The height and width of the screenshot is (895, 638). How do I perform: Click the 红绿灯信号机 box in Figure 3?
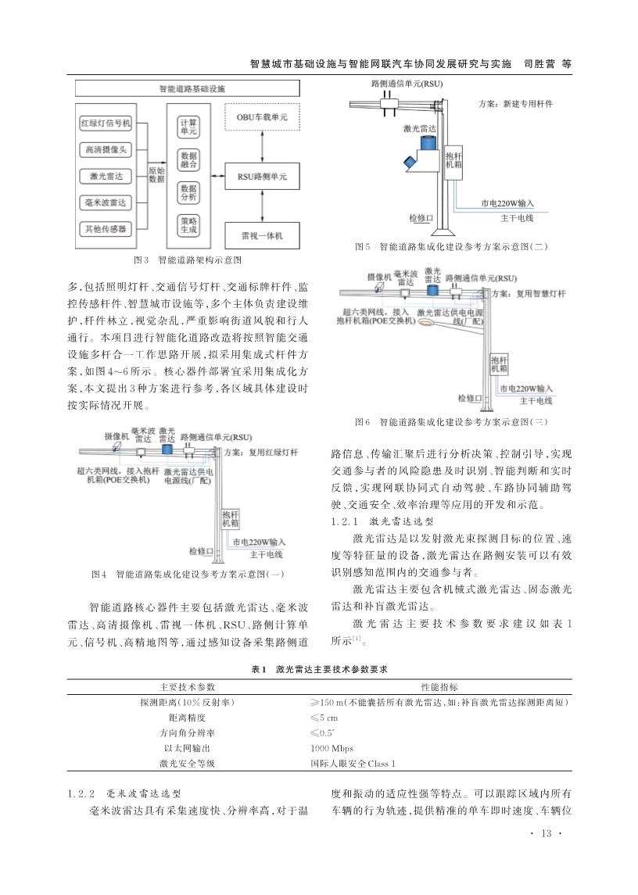click(x=106, y=123)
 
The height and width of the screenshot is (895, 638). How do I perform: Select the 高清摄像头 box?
click(x=106, y=149)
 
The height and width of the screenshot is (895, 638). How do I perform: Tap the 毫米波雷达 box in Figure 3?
click(x=106, y=202)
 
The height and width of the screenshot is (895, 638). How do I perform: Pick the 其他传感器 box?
click(x=106, y=229)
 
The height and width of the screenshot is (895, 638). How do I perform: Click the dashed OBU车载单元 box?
click(x=262, y=117)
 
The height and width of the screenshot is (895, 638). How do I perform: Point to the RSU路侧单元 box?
click(x=262, y=177)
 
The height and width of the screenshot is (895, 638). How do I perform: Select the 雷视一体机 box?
click(x=262, y=235)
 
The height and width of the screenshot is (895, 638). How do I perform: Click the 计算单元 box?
click(x=188, y=127)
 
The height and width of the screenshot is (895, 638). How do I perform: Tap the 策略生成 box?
click(x=188, y=225)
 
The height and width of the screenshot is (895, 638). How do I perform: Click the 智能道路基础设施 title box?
click(x=188, y=88)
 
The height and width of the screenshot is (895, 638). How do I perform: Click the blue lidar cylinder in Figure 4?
click(x=167, y=449)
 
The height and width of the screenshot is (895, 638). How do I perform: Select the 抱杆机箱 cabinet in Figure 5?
click(x=454, y=160)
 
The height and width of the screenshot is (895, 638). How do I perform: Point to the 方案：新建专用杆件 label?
click(x=516, y=104)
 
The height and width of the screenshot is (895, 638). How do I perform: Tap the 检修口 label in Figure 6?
click(x=470, y=398)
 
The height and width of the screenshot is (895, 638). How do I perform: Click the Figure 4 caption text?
click(x=188, y=575)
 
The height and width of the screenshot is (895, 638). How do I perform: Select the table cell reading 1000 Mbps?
click(x=332, y=748)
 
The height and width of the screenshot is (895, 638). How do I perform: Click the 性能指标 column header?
click(x=439, y=687)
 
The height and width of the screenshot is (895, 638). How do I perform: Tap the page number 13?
click(x=546, y=833)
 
